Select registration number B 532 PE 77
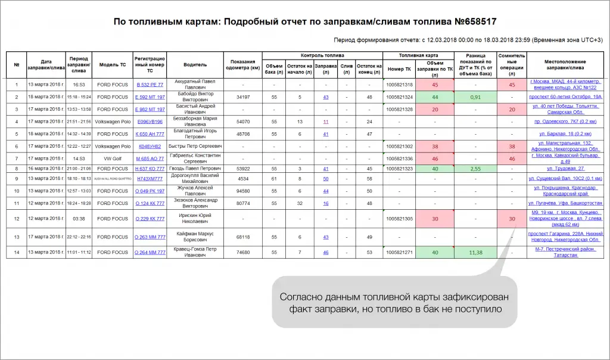click(150, 85)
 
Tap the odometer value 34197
click(243, 97)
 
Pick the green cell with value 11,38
click(475, 252)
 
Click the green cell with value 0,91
click(475, 97)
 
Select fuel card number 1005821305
click(400, 219)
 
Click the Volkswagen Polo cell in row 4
click(113, 122)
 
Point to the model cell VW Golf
click(113, 158)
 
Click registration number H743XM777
click(150, 179)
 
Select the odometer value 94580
click(243, 191)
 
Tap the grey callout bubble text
click(394, 303)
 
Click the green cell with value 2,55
click(475, 169)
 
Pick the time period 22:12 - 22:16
click(79, 237)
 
